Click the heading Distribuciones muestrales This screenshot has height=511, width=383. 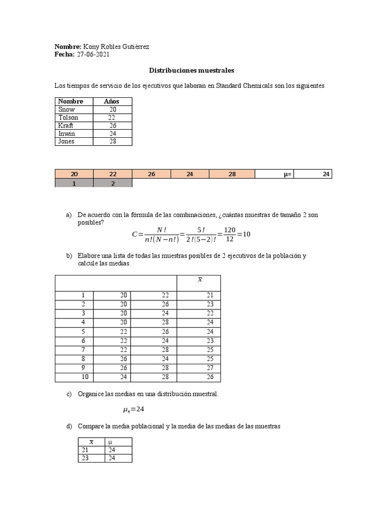click(x=192, y=71)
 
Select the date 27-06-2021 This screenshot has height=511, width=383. click(x=93, y=55)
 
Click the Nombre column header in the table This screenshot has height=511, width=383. click(x=70, y=101)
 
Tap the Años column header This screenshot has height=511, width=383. click(x=112, y=101)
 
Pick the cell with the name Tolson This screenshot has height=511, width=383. click(x=68, y=117)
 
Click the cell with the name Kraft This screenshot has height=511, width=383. click(x=66, y=125)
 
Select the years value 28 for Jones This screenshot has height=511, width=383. click(x=112, y=141)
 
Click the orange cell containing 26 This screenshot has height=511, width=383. click(x=151, y=174)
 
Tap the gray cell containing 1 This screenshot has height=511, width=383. click(x=74, y=183)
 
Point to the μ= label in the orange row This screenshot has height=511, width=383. click(x=287, y=174)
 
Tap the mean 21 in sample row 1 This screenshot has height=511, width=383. click(x=210, y=295)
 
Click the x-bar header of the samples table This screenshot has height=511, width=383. click(x=199, y=280)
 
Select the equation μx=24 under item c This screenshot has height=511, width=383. click(x=133, y=410)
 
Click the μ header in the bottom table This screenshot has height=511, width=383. click(x=110, y=442)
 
